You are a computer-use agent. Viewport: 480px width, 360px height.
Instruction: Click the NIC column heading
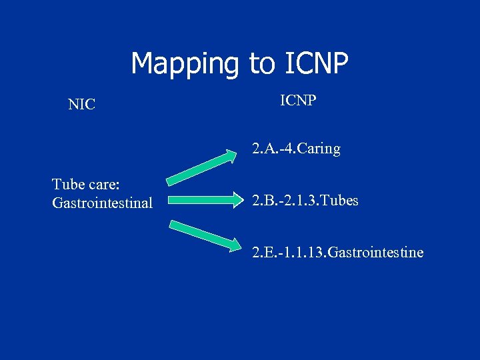click(81, 105)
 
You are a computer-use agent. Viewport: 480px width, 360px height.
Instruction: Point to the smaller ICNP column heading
click(298, 101)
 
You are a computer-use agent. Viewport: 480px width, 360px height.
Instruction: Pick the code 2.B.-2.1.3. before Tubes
click(284, 200)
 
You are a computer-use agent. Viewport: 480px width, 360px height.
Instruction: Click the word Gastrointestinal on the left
click(102, 203)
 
